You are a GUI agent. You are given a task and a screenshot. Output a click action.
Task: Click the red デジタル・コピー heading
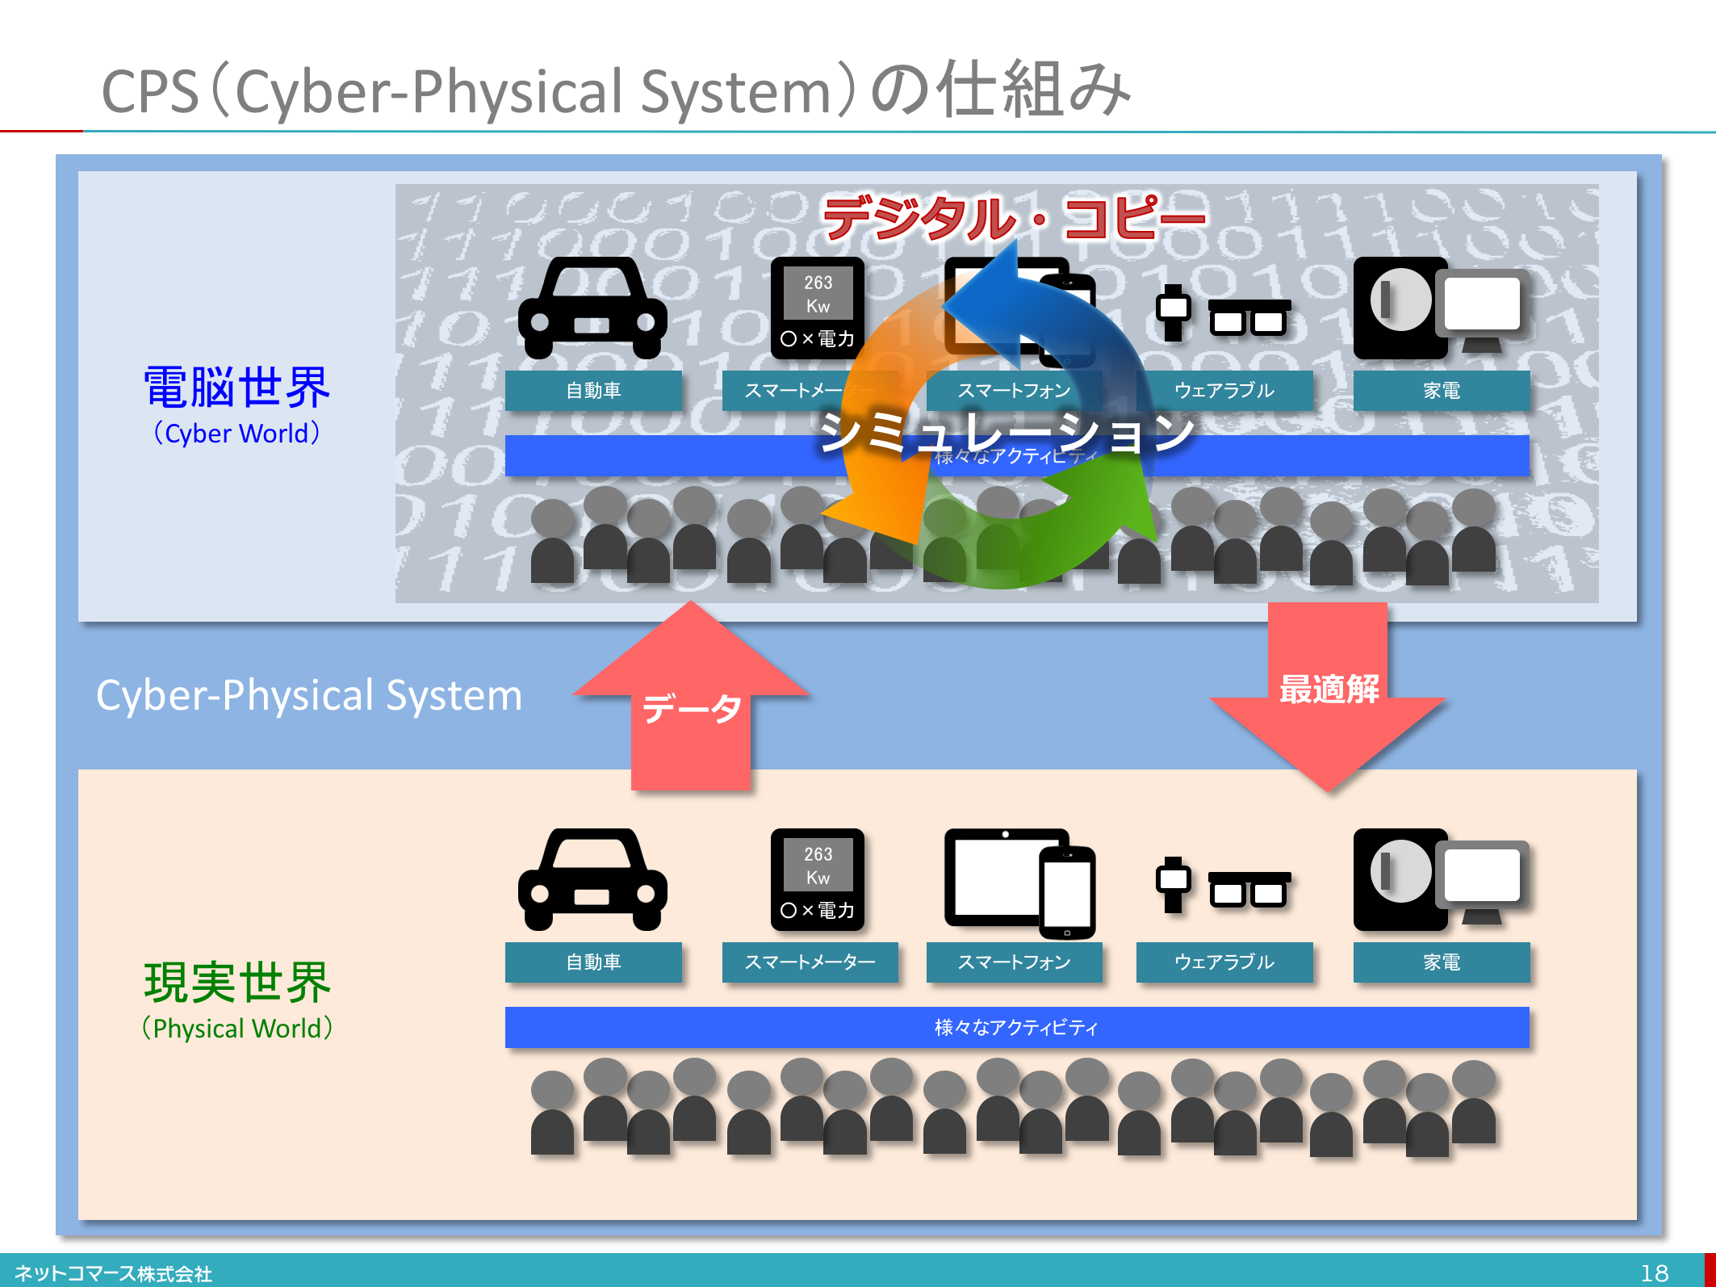(1014, 217)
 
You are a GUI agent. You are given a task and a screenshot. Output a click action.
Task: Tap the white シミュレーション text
(1006, 433)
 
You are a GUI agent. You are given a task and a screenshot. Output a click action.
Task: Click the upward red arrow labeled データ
(691, 702)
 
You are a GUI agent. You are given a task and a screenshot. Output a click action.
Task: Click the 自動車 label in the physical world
(593, 962)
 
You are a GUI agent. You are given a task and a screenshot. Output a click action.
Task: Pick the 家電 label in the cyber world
(1441, 391)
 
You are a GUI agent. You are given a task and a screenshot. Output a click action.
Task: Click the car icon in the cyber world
(592, 308)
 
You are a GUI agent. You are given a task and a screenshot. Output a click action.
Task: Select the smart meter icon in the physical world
(817, 879)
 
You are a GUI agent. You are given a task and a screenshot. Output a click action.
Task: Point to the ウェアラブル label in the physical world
(1224, 962)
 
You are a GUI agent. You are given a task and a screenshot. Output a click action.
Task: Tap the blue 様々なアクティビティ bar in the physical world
(1016, 1027)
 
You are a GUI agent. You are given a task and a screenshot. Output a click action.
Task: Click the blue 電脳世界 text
(236, 388)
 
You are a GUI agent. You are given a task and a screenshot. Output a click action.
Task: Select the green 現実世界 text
(236, 983)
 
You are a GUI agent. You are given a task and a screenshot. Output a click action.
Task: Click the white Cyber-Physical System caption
(309, 695)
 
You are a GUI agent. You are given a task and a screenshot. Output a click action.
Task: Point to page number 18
(1654, 1273)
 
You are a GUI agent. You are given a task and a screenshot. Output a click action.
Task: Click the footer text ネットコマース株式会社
(113, 1273)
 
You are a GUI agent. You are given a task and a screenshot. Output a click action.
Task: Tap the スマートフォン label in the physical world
(1014, 962)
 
